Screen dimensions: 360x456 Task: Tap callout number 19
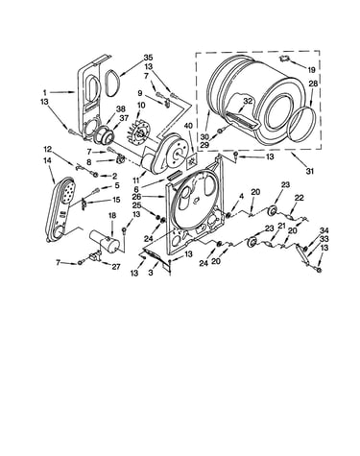click(312, 70)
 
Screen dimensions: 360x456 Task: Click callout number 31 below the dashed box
click(309, 171)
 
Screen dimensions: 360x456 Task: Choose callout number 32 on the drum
click(248, 101)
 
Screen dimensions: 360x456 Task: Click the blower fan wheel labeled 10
click(138, 132)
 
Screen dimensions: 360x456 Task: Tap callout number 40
click(188, 125)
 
